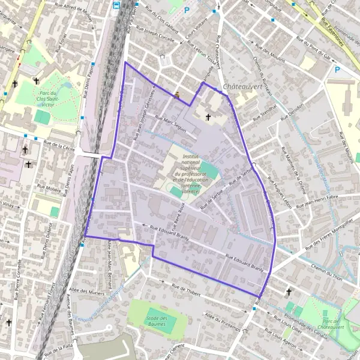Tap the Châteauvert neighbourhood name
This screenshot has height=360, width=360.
click(x=244, y=87)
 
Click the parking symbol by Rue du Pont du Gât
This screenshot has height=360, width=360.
click(x=337, y=70)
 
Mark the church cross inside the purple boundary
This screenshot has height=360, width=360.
click(x=208, y=117)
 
